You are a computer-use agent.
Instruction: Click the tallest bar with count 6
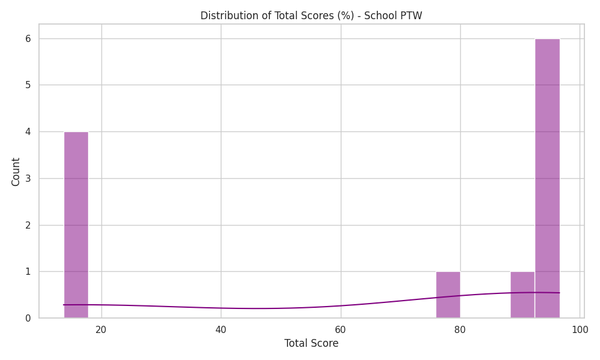point(547,178)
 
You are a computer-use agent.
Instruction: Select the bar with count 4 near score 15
point(76,225)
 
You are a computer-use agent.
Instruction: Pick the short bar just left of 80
point(448,295)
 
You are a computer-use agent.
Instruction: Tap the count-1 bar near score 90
point(523,295)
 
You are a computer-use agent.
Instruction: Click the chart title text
point(311,16)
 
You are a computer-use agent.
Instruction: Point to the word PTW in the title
point(412,16)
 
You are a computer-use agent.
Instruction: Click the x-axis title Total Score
point(311,343)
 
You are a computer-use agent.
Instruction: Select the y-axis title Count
point(16,172)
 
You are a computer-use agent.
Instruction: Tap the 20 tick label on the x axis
point(101,329)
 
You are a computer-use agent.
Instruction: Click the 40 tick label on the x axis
point(221,329)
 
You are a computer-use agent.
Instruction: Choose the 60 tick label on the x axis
point(341,329)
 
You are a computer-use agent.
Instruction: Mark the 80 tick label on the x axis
point(460,329)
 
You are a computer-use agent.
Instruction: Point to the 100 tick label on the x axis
point(580,329)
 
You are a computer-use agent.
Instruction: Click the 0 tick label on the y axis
point(28,318)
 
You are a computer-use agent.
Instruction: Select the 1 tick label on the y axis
point(28,272)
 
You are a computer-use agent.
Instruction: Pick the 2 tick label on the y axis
point(28,225)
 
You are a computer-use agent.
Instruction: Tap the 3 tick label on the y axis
point(28,178)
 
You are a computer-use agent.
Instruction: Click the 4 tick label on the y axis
point(28,131)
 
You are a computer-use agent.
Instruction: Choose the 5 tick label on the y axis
point(28,85)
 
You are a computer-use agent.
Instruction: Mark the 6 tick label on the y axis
point(28,38)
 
